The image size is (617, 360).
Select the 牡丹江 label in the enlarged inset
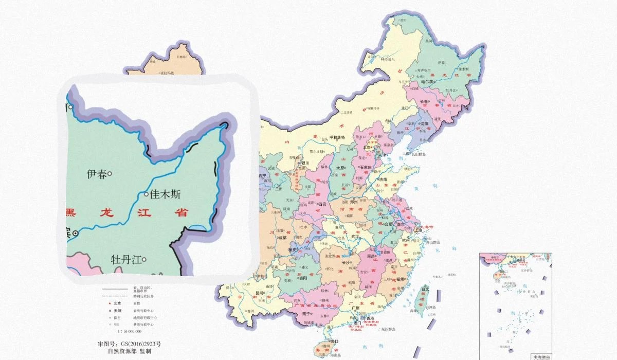point(125,260)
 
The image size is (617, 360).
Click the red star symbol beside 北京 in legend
point(104,303)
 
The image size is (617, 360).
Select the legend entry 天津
point(117,311)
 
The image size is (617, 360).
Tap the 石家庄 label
point(365,167)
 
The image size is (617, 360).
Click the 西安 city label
point(323,204)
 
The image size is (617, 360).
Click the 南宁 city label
point(307,313)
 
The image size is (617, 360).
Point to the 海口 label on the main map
point(335,341)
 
